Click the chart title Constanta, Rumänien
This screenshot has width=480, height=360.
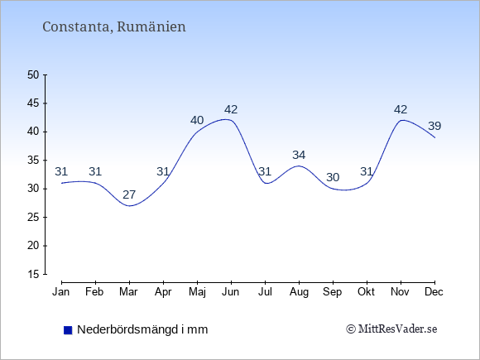pyautogui.click(x=114, y=26)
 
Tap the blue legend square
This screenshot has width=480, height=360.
pyautogui.click(x=68, y=330)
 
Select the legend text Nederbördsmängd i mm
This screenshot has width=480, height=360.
pyautogui.click(x=142, y=329)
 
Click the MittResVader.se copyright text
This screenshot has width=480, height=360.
pyautogui.click(x=391, y=329)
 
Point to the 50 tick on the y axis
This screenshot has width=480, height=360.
pyautogui.click(x=33, y=74)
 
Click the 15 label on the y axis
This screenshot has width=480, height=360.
pyautogui.click(x=33, y=274)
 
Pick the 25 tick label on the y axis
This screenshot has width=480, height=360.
pyautogui.click(x=33, y=217)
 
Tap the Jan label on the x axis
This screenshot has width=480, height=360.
pyautogui.click(x=61, y=292)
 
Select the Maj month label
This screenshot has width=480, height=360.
pyautogui.click(x=197, y=292)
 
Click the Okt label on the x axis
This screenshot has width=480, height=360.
pyautogui.click(x=367, y=292)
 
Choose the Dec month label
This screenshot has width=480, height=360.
pyautogui.click(x=434, y=292)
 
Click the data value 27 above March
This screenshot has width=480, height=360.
pyautogui.click(x=129, y=194)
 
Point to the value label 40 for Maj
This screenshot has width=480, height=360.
pyautogui.click(x=197, y=120)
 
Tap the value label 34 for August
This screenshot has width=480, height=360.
pyautogui.click(x=299, y=156)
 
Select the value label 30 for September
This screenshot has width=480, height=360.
pyautogui.click(x=333, y=177)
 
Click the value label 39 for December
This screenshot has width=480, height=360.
pyautogui.click(x=434, y=126)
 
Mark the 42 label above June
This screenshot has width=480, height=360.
pyautogui.click(x=231, y=109)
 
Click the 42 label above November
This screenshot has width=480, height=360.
pyautogui.click(x=401, y=109)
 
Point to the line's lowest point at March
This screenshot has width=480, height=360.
pyautogui.click(x=129, y=206)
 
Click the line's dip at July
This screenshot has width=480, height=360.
pyautogui.click(x=266, y=183)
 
